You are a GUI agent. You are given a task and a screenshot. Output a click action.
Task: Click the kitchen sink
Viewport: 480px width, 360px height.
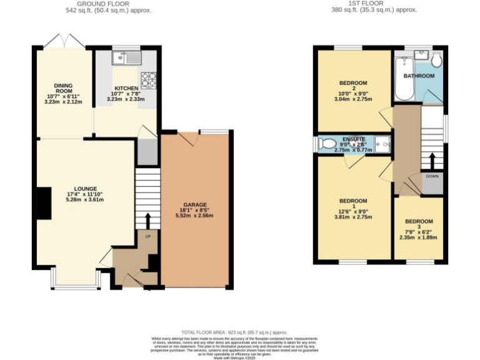[127, 59]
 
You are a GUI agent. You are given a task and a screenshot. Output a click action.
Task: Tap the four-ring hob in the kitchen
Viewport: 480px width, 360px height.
[149, 79]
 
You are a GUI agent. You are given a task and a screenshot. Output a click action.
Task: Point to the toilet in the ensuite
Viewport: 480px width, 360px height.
[327, 144]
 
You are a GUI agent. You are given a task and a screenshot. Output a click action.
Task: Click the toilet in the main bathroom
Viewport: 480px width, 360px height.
[436, 60]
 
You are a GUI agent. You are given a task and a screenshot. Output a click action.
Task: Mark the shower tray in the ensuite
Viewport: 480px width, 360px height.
[382, 144]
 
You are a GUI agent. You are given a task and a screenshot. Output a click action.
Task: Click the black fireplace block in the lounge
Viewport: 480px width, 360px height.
[44, 203]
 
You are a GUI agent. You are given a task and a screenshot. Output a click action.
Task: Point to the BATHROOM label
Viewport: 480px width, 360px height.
[418, 76]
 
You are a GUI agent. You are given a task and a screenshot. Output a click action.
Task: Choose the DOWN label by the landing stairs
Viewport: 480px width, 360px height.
[432, 176]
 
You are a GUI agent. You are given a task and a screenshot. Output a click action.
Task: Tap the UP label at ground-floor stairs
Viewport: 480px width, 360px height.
[147, 237]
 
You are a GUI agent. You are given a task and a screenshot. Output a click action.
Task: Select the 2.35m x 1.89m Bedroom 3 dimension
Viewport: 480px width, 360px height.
[418, 237]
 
